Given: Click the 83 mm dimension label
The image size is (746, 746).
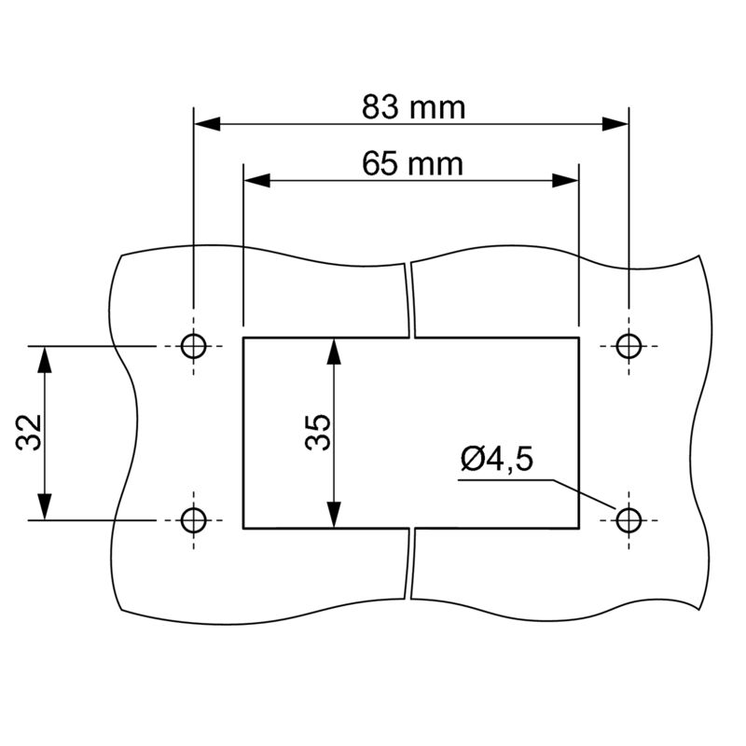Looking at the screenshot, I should coord(413,107).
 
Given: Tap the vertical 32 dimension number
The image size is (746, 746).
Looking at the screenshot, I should coord(29,432).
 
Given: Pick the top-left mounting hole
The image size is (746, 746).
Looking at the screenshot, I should coord(193,346).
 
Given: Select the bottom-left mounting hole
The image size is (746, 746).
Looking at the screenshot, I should coord(193,518).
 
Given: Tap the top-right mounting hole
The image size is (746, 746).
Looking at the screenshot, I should coord(629,346).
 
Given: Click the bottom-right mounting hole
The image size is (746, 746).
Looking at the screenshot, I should coord(629,518).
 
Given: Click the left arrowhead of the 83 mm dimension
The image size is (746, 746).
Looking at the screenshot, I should coord(205,124).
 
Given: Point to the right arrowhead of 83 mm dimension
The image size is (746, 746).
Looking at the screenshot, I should coord(616,124).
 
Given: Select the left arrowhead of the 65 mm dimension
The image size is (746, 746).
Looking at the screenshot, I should coord(256,181).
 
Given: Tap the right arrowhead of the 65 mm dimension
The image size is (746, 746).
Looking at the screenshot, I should coord(567,181).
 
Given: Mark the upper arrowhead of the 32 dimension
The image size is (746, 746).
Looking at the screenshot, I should coord(44,358).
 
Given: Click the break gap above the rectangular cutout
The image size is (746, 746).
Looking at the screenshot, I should coord(410,298).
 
